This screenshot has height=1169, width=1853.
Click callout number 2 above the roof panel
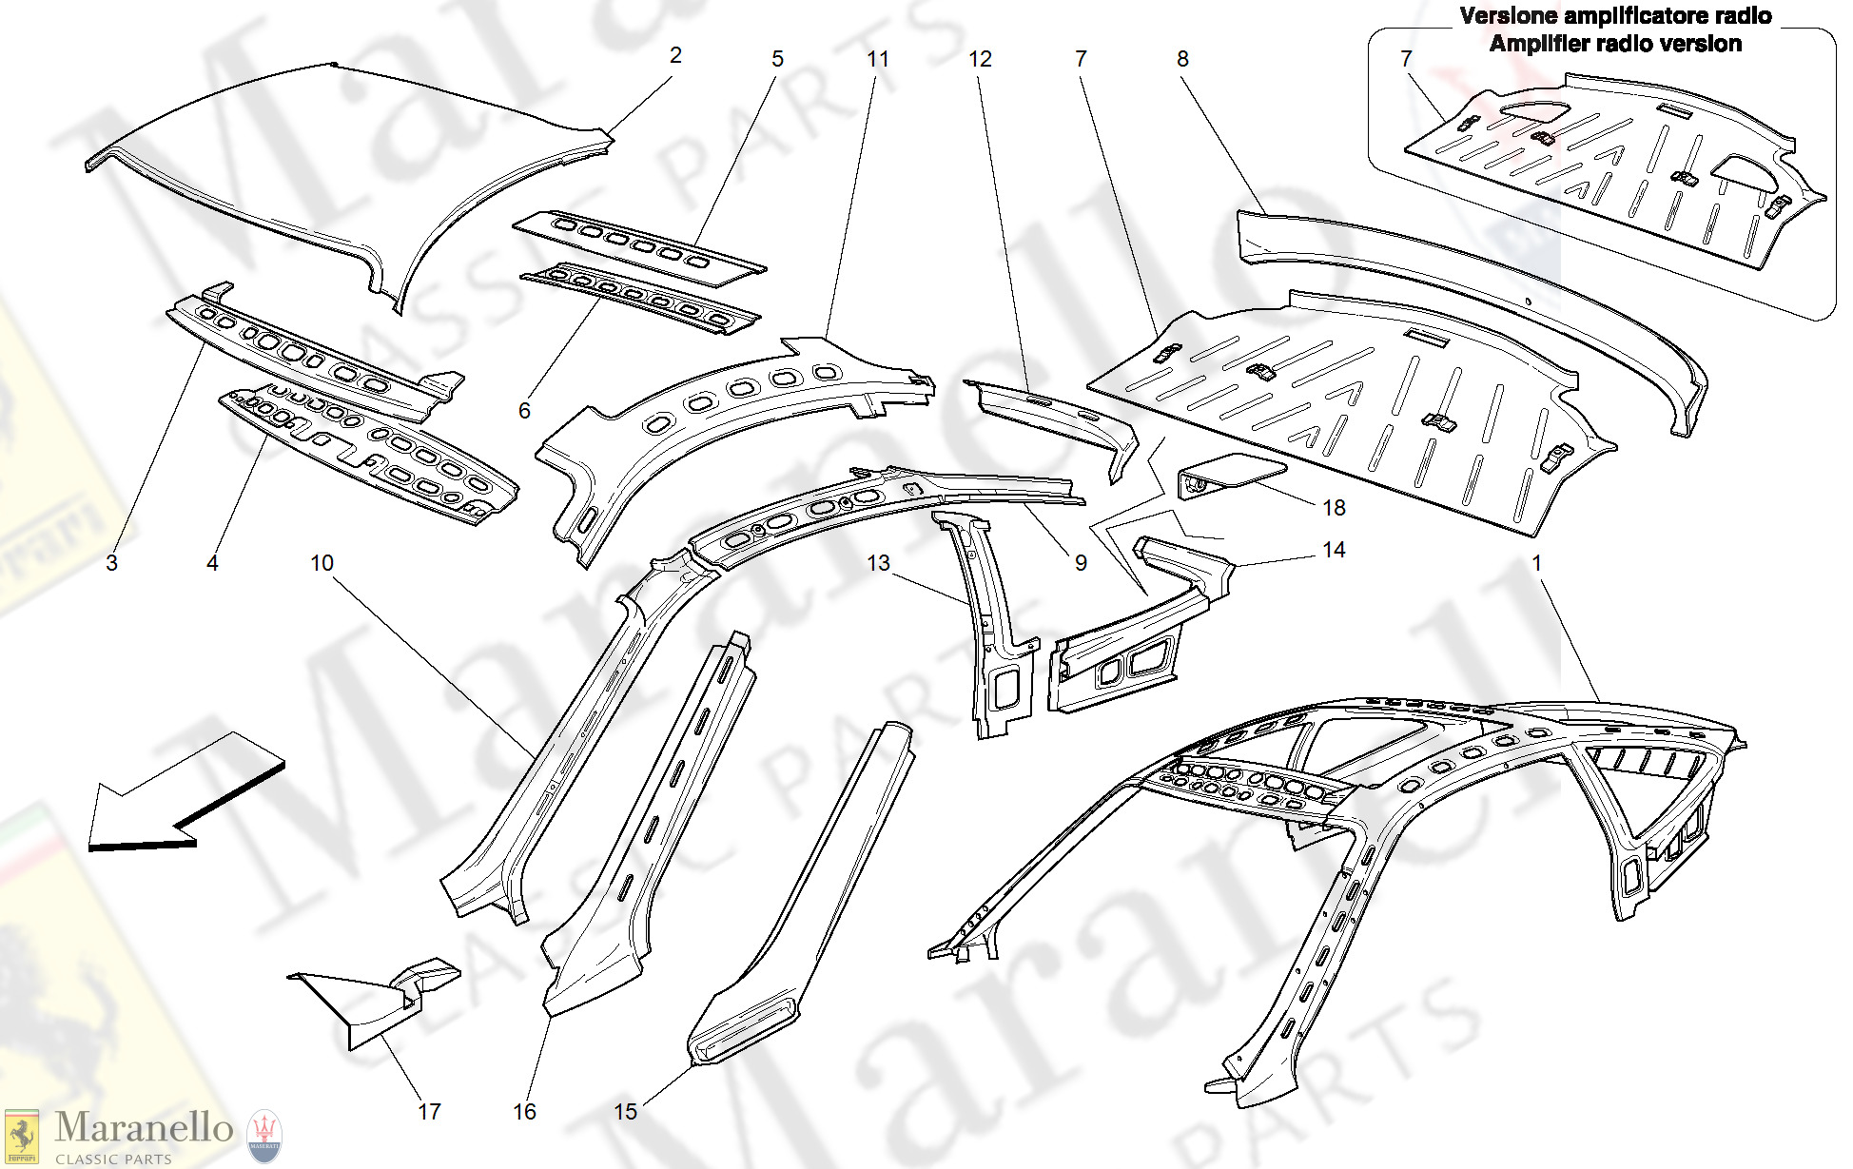(x=675, y=55)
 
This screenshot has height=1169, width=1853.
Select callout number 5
(x=777, y=59)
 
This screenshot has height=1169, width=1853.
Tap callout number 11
(x=878, y=59)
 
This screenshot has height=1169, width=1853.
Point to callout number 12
(x=980, y=59)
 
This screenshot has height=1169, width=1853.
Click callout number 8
(x=1182, y=59)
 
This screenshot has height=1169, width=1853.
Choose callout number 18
(x=1334, y=508)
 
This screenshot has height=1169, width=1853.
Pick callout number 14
(x=1334, y=550)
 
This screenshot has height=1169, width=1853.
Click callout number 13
(x=878, y=563)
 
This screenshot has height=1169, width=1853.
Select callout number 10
(x=322, y=563)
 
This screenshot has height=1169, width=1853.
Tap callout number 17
(x=429, y=1111)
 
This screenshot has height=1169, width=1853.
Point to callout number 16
(x=524, y=1111)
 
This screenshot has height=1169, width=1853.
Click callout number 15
(x=625, y=1111)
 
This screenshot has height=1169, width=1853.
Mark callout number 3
(x=111, y=563)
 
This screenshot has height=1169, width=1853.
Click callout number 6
(x=524, y=411)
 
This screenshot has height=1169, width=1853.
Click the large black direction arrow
(x=185, y=794)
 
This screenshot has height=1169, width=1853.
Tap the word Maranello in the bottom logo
(x=144, y=1127)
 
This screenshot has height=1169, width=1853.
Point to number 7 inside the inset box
(x=1406, y=59)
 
